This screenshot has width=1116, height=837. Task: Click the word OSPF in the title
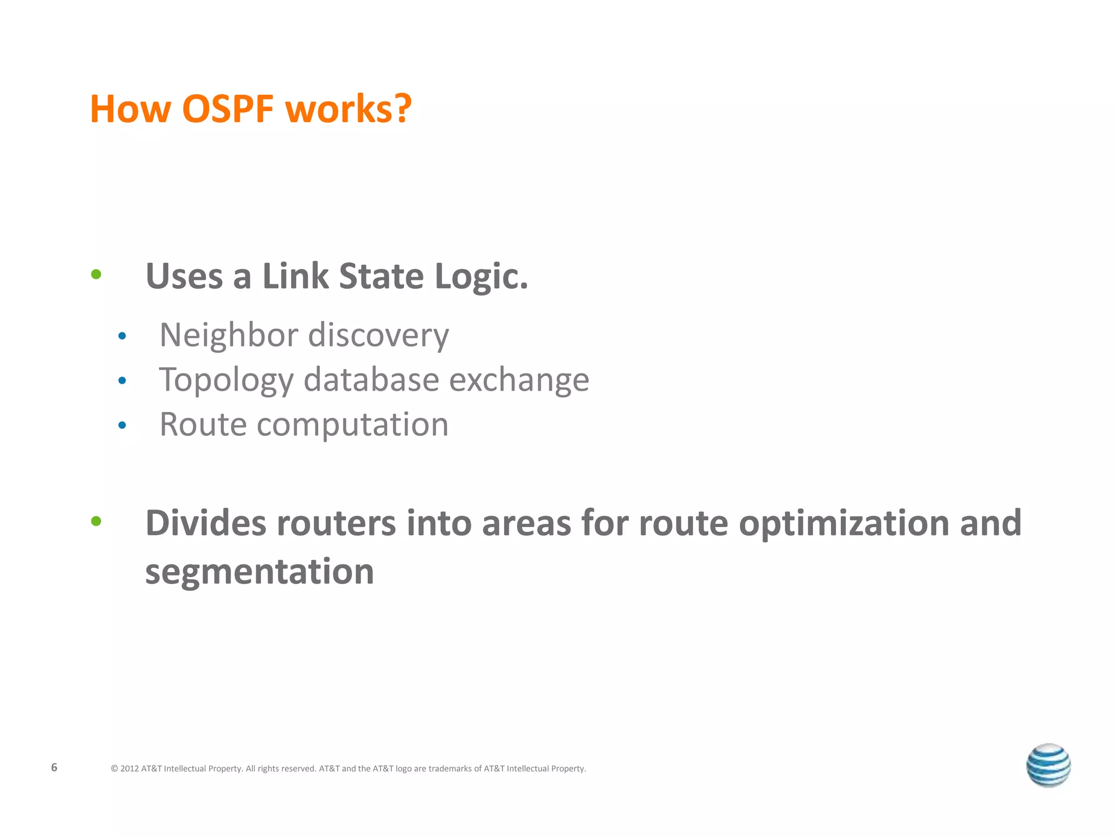coord(227,109)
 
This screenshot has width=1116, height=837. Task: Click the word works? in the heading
coord(349,109)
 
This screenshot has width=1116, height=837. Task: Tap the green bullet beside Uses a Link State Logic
coord(96,274)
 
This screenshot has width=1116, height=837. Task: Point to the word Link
coord(295,276)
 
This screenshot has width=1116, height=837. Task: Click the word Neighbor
coord(229,335)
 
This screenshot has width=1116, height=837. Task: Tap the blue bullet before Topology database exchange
coord(122,380)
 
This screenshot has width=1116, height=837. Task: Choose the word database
coord(371,379)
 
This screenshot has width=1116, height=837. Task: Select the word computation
coord(353,425)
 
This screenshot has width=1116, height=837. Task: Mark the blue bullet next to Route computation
coord(122,425)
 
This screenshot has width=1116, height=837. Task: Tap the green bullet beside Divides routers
coord(96,521)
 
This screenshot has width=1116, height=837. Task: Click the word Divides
coord(206,523)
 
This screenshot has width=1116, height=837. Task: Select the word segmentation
coord(259,572)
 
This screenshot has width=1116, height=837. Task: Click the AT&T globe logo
coord(1048,765)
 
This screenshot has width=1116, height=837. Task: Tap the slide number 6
coord(54,767)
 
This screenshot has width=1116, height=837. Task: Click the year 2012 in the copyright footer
coord(129,769)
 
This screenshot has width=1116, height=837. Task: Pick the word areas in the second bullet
coord(526,524)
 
